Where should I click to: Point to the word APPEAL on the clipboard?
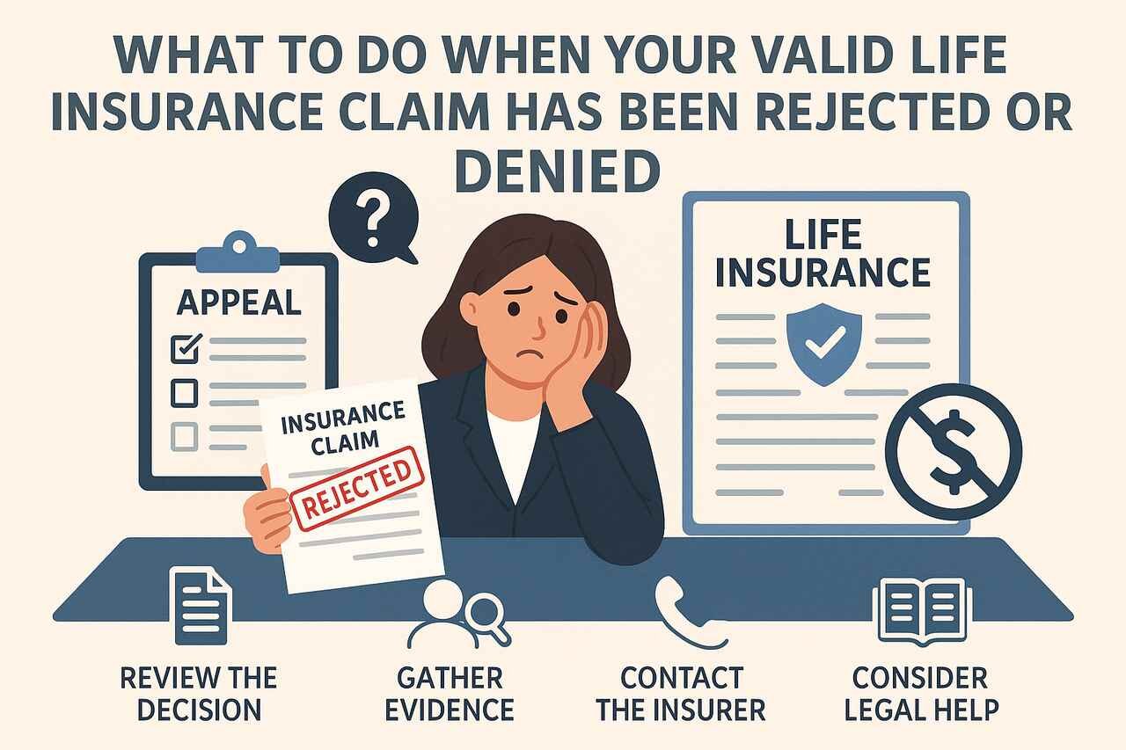pos(239,302)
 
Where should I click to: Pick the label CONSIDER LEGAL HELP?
pos(919,693)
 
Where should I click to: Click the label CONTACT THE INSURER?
pos(682,693)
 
